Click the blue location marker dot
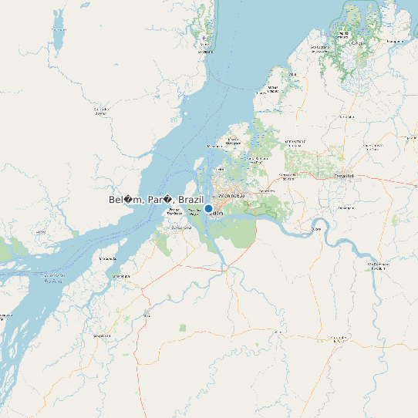pyautogui.click(x=208, y=208)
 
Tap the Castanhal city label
pyautogui.click(x=342, y=177)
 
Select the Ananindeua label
pyautogui.click(x=233, y=195)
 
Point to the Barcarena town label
pyautogui.click(x=181, y=228)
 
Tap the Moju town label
pyautogui.click(x=147, y=315)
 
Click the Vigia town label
pyautogui.click(x=293, y=74)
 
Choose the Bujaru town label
pyautogui.click(x=315, y=229)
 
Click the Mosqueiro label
pyautogui.click(x=215, y=146)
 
